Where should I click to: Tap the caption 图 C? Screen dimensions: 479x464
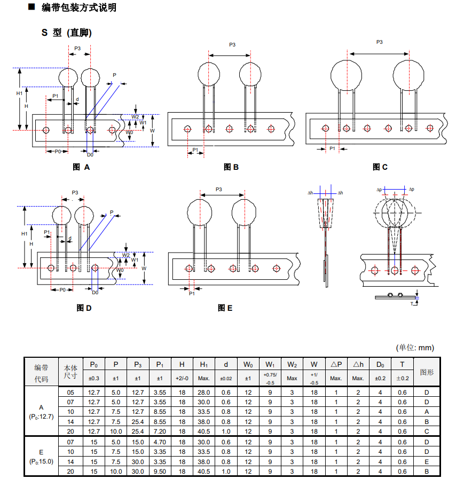[x=380, y=167]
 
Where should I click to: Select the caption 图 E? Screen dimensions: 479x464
[x=225, y=308]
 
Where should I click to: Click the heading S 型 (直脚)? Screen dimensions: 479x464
[x=67, y=33]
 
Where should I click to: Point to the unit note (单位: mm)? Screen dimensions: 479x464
[x=415, y=348]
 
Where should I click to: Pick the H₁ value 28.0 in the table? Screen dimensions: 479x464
[x=203, y=392]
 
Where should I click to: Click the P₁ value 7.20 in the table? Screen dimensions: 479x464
[x=159, y=431]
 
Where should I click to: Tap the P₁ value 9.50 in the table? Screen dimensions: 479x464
[x=159, y=472]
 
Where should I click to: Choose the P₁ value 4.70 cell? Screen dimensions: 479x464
[x=159, y=442]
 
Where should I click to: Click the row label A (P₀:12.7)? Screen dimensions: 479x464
[x=41, y=412]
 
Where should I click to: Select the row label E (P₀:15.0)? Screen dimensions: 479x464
[x=41, y=457]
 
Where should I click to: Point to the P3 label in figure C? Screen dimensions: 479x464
[x=379, y=42]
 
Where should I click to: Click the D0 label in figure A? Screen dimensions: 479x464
[x=90, y=154]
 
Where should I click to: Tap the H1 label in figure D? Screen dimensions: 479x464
[x=24, y=234]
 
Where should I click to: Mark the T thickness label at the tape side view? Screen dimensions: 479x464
[x=412, y=303]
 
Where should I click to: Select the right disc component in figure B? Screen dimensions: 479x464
[x=250, y=73]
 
